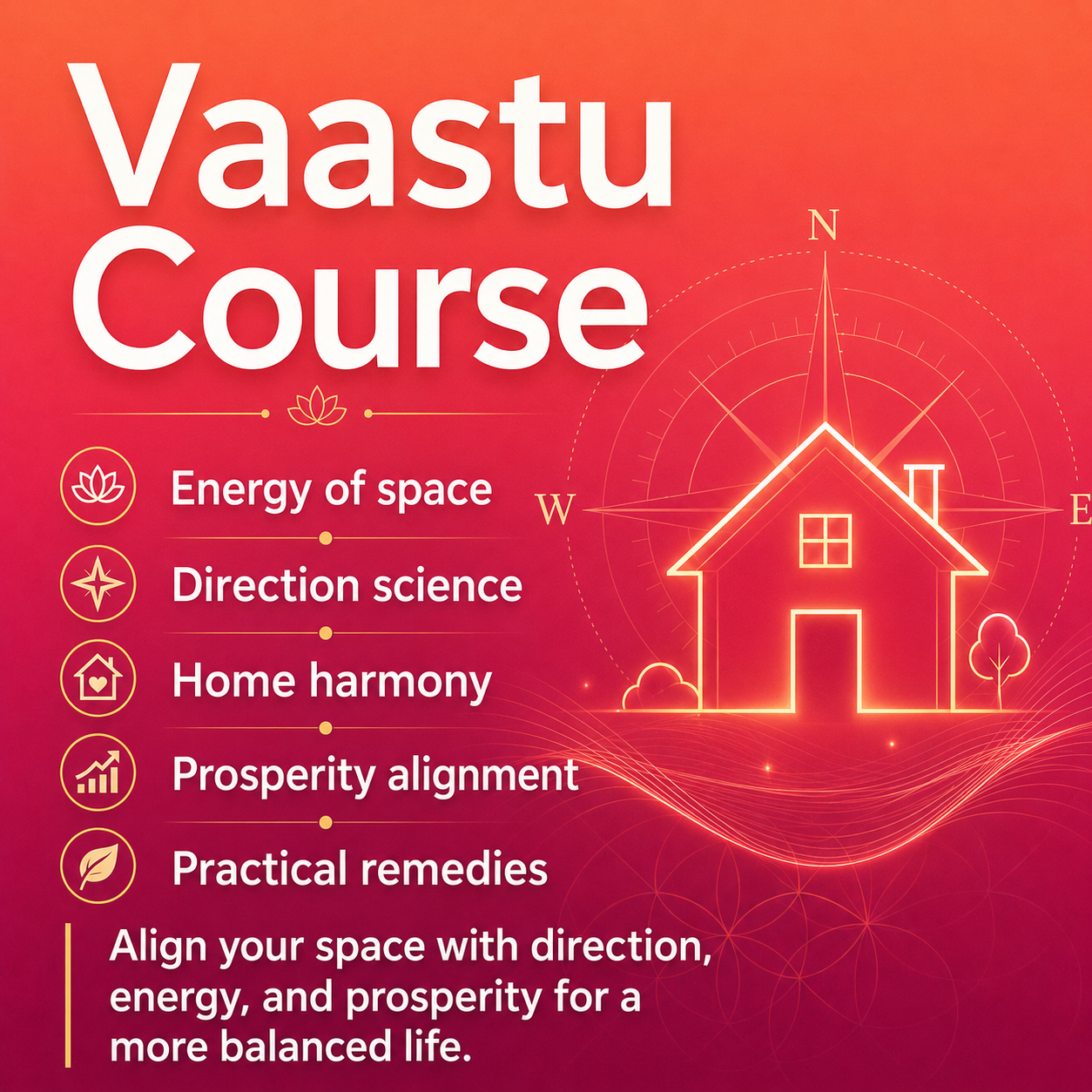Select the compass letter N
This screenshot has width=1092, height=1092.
tap(825, 225)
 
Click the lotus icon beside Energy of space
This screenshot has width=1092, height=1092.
tap(98, 486)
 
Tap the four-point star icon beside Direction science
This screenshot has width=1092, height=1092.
tap(98, 583)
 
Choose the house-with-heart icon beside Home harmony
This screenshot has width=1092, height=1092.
tap(98, 678)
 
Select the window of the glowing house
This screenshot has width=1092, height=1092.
tap(825, 541)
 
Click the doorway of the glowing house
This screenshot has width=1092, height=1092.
tap(826, 661)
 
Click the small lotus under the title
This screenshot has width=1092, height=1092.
tap(317, 407)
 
